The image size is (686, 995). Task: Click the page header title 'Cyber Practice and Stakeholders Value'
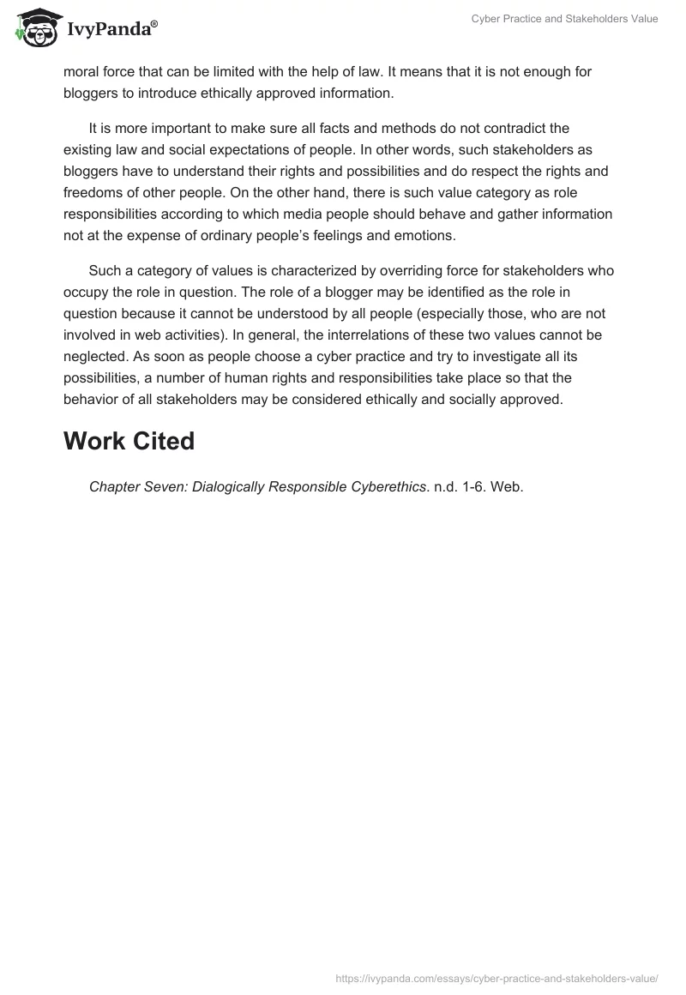(x=564, y=19)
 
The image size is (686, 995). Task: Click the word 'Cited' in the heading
(x=159, y=442)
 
